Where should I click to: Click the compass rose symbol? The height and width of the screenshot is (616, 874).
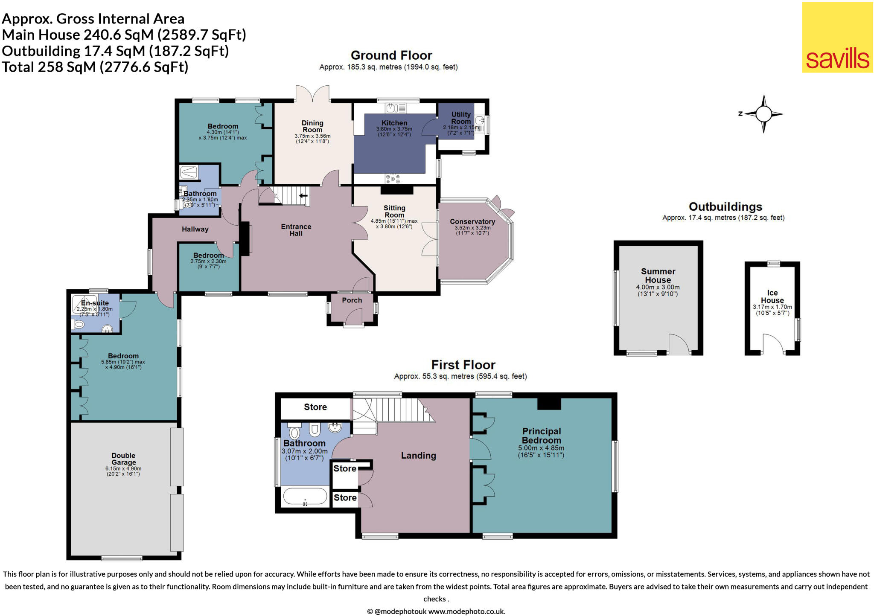[x=764, y=114]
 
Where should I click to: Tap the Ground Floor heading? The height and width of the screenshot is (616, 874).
[x=391, y=55]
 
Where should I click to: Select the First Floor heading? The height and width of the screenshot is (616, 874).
[x=463, y=365]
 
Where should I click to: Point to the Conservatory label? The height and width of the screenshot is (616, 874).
[x=472, y=222]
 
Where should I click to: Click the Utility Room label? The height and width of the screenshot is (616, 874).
[x=461, y=118]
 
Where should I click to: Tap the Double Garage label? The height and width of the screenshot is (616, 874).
[x=123, y=459]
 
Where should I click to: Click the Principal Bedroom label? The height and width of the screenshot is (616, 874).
[x=541, y=436]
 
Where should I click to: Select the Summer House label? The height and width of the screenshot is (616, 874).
[x=658, y=276]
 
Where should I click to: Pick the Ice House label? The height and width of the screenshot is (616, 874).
[x=772, y=296]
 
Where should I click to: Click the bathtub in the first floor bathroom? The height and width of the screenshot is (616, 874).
[x=305, y=497]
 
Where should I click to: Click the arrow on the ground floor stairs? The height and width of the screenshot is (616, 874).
[x=303, y=196]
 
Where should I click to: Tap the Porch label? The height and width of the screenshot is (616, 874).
[x=352, y=300]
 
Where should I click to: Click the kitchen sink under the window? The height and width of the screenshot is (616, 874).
[x=396, y=108]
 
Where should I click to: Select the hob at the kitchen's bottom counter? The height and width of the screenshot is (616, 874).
[x=393, y=178]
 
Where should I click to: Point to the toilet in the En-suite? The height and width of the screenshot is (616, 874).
[x=79, y=325]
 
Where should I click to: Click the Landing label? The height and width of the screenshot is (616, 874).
[x=418, y=456]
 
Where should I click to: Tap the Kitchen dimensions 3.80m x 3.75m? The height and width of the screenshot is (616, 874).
[x=394, y=129]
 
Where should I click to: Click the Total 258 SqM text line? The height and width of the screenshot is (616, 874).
[x=95, y=67]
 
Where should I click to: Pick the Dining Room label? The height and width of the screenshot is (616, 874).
[x=312, y=126]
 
